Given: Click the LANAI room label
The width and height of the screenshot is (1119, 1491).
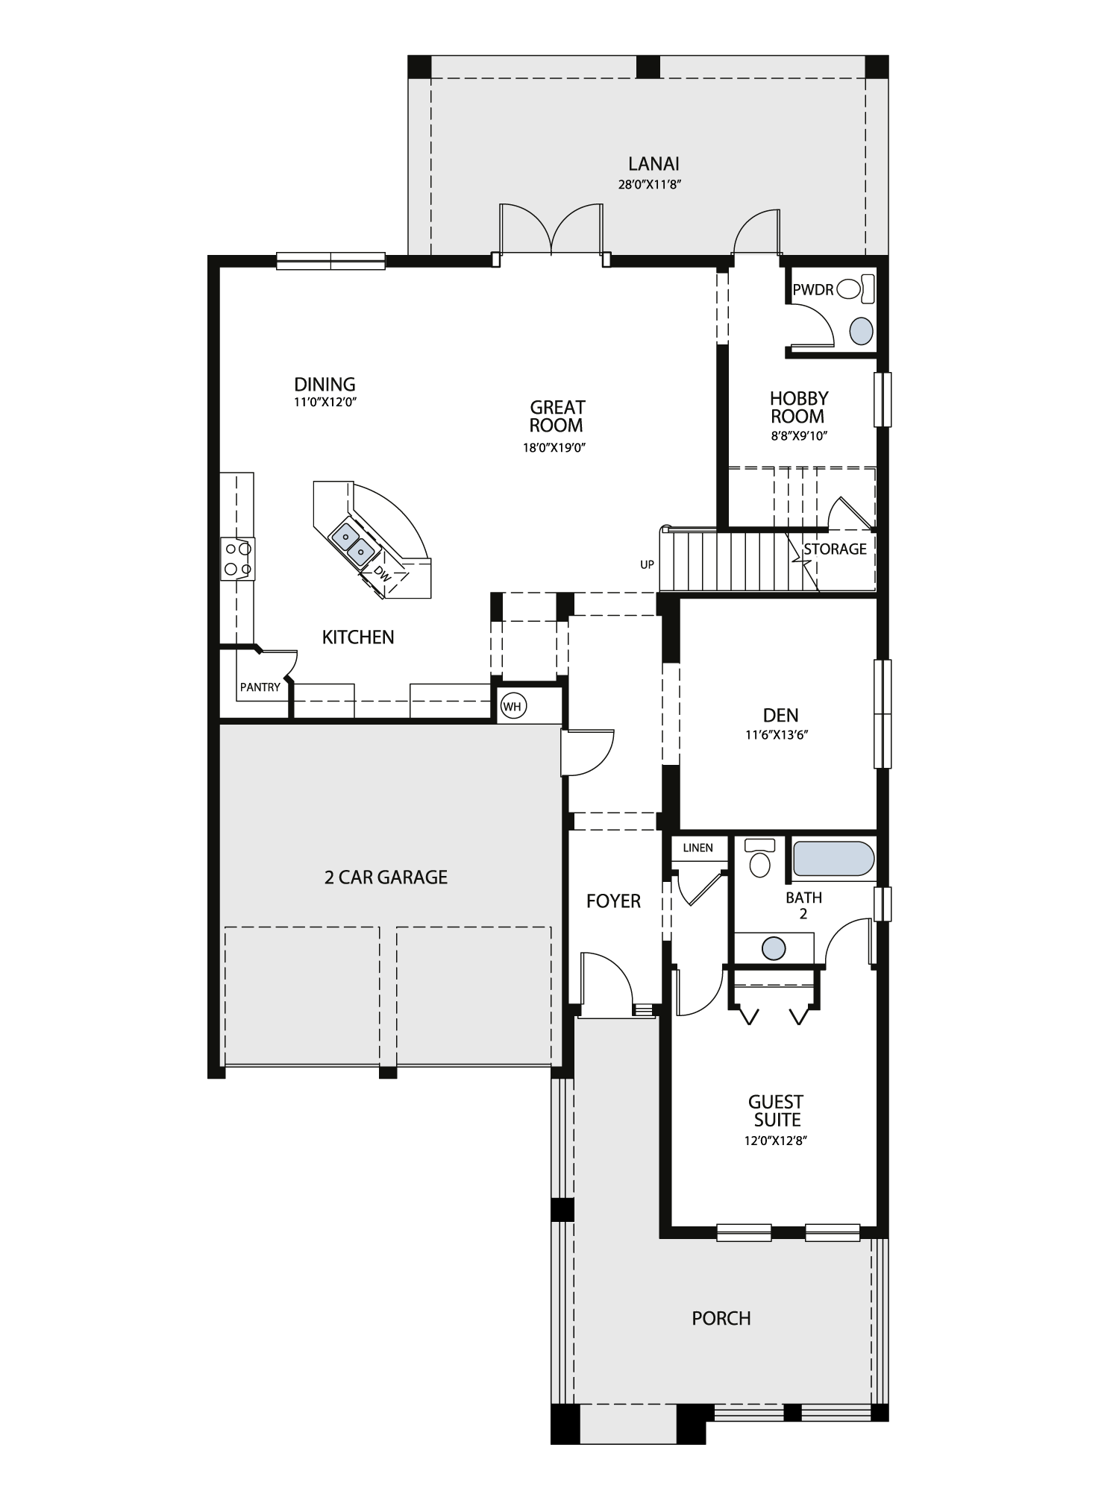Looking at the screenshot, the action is [x=653, y=163].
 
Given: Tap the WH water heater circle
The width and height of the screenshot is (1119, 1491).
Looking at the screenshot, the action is [x=512, y=706].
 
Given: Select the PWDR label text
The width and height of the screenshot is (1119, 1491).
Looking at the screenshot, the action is [x=813, y=289].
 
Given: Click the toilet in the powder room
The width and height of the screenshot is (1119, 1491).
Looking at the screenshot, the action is [x=856, y=289].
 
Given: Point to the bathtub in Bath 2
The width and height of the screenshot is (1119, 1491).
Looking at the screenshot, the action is [x=833, y=859].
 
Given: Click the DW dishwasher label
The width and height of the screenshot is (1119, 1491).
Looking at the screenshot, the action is [x=381, y=573].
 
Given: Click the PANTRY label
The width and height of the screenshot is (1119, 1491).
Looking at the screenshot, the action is [x=260, y=687].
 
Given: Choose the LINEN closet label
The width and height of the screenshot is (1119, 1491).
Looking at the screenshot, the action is [x=698, y=848].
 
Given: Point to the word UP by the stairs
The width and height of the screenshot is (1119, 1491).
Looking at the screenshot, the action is [x=647, y=564].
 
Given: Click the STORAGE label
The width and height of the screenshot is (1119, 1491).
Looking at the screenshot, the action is [x=835, y=549].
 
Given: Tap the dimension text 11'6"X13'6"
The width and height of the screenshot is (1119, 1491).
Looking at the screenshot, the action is [x=777, y=734].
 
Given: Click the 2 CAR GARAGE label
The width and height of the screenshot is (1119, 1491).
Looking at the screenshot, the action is [x=386, y=877].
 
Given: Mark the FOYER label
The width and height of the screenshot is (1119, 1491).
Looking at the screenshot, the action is [x=613, y=901].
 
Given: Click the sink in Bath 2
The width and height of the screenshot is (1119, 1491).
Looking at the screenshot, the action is [x=774, y=949].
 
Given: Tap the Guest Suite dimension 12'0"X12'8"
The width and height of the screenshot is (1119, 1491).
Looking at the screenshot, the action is [x=777, y=1140].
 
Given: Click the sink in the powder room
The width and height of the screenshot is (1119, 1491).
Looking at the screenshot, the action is [x=862, y=330].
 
